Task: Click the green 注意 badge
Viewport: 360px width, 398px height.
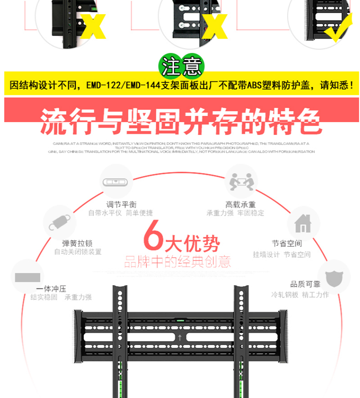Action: [x=181, y=68]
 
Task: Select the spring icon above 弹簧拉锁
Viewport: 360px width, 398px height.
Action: [x=60, y=223]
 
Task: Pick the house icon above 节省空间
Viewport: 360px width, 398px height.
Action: [x=303, y=223]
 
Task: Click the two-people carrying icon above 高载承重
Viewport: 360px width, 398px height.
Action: [x=241, y=181]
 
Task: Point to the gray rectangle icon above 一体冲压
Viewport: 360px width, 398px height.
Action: [x=27, y=277]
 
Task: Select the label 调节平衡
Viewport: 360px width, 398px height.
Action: [x=121, y=205]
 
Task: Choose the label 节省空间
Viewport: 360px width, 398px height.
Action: [x=287, y=243]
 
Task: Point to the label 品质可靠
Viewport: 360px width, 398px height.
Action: [x=305, y=284]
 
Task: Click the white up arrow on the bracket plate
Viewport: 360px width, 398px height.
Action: [x=181, y=338]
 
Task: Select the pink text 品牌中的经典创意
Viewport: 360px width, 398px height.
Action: [x=177, y=262]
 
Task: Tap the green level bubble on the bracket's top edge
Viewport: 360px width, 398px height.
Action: [x=180, y=321]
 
